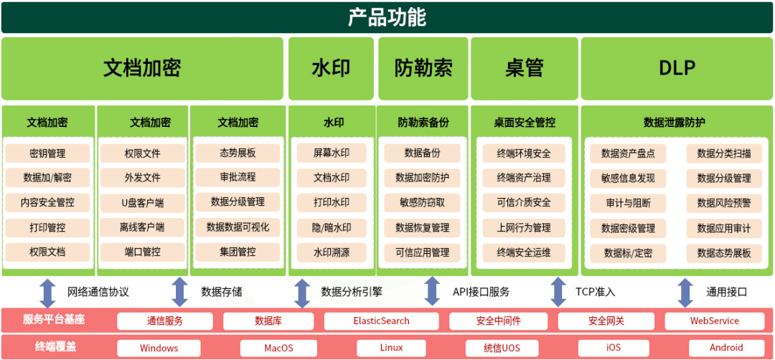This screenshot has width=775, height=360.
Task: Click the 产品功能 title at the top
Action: tap(387, 17)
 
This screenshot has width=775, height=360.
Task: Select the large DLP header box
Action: tap(677, 68)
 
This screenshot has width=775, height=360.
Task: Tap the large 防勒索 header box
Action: tap(423, 68)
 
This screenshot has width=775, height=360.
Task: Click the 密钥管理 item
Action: tap(47, 153)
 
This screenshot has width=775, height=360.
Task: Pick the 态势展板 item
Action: tap(238, 153)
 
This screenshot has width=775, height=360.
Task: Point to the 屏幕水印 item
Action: tap(332, 153)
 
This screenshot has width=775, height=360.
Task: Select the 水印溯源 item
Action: tap(332, 252)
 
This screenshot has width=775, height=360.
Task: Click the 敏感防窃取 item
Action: tap(423, 203)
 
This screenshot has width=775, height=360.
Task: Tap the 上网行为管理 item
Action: tap(524, 227)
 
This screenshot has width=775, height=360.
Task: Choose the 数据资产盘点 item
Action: tap(628, 153)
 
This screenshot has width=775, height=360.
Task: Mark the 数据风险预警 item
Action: tap(724, 203)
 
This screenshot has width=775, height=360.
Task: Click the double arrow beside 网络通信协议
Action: tap(47, 292)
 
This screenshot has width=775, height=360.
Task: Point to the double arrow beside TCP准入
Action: tap(558, 292)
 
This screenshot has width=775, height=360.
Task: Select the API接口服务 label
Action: tap(481, 292)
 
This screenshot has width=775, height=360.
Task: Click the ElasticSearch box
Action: tap(381, 321)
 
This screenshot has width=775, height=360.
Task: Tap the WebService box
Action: tap(715, 321)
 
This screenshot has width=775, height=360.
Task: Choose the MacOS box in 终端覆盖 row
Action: tap(278, 349)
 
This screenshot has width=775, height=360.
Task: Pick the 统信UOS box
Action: tap(502, 349)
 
